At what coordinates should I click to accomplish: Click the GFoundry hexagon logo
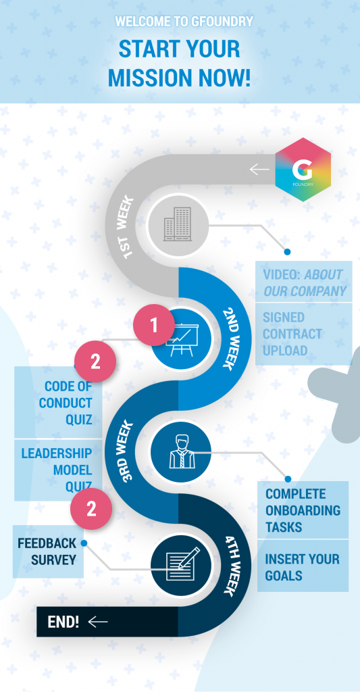point(303,170)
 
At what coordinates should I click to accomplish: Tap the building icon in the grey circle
point(178,224)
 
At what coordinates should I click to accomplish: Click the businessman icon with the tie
point(181,451)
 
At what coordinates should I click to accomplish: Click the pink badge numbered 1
point(154,326)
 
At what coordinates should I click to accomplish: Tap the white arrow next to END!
point(97,622)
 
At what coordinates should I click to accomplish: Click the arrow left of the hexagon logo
point(259,169)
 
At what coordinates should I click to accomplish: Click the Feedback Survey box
point(48,551)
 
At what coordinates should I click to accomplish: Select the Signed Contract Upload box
point(303,334)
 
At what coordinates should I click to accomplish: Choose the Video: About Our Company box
point(303,282)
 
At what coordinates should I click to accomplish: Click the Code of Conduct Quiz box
point(58,403)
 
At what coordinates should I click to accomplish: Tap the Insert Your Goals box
point(303,566)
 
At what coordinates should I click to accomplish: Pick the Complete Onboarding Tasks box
point(303,510)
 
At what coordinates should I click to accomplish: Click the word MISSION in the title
point(151,77)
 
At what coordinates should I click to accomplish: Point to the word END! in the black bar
point(63,622)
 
